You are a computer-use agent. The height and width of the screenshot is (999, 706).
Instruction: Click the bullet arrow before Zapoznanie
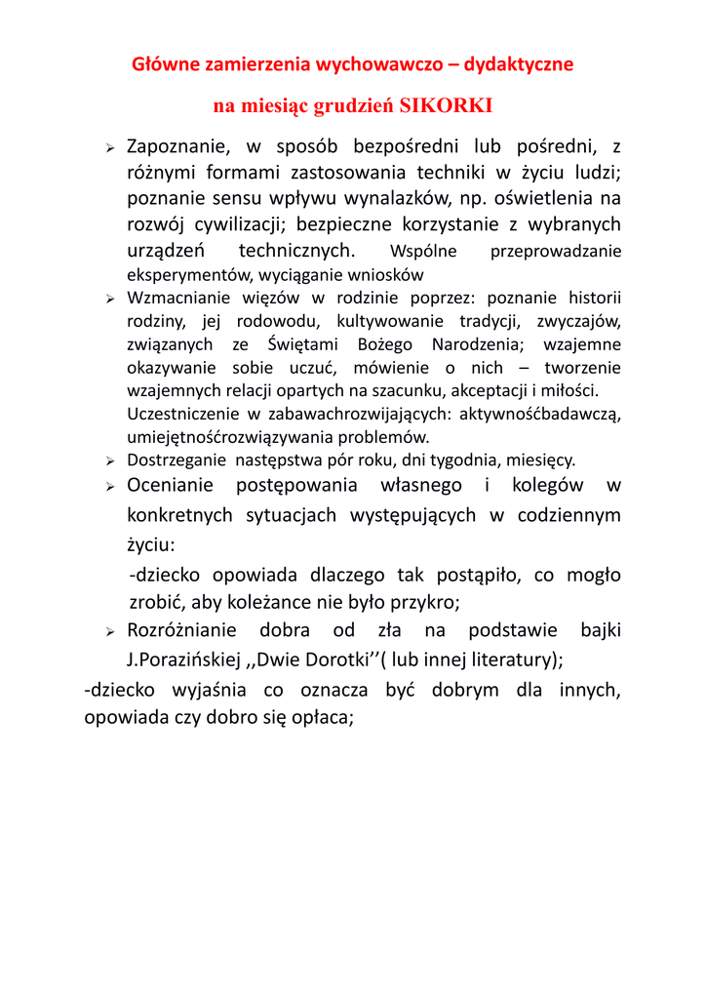tap(111, 148)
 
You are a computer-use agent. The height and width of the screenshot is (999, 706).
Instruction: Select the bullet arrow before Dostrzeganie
tap(111, 460)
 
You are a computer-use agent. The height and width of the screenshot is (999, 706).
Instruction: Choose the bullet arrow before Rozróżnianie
tap(111, 631)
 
